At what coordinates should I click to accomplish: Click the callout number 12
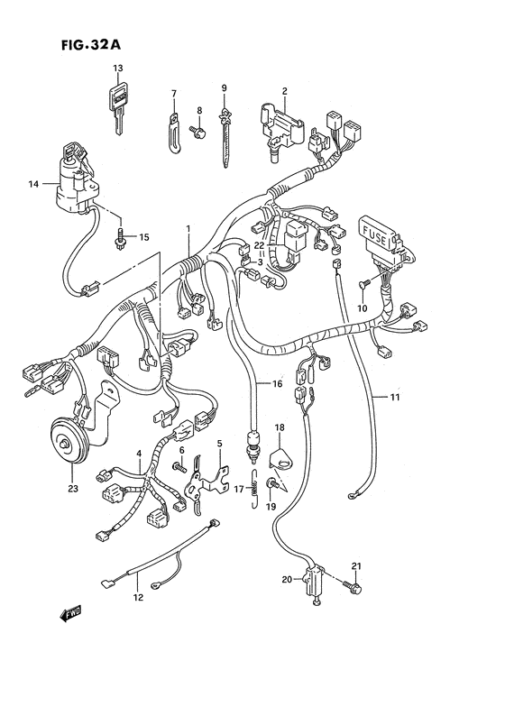point(137,597)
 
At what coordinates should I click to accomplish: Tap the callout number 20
point(288,580)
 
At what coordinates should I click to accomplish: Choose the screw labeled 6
point(179,466)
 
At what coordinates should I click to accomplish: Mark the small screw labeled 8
point(198,133)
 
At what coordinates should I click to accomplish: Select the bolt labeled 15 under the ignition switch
point(121,239)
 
